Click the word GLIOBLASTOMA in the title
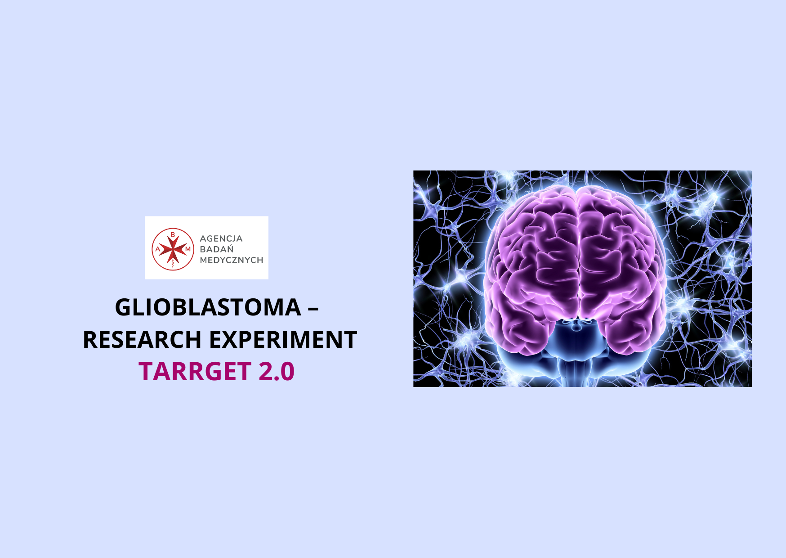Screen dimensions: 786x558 208,307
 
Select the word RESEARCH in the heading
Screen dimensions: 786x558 142,340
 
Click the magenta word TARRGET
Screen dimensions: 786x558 195,372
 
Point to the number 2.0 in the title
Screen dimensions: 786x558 277,372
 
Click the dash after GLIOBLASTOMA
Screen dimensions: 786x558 313,309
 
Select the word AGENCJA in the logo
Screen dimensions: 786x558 221,238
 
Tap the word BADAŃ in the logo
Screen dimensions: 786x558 217,249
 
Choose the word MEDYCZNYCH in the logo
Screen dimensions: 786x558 232,260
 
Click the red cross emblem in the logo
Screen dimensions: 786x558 173,249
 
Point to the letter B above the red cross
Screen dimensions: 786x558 173,234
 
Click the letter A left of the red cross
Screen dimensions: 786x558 157,249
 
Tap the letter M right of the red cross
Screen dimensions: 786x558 188,249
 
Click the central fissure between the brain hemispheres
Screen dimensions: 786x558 577,252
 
